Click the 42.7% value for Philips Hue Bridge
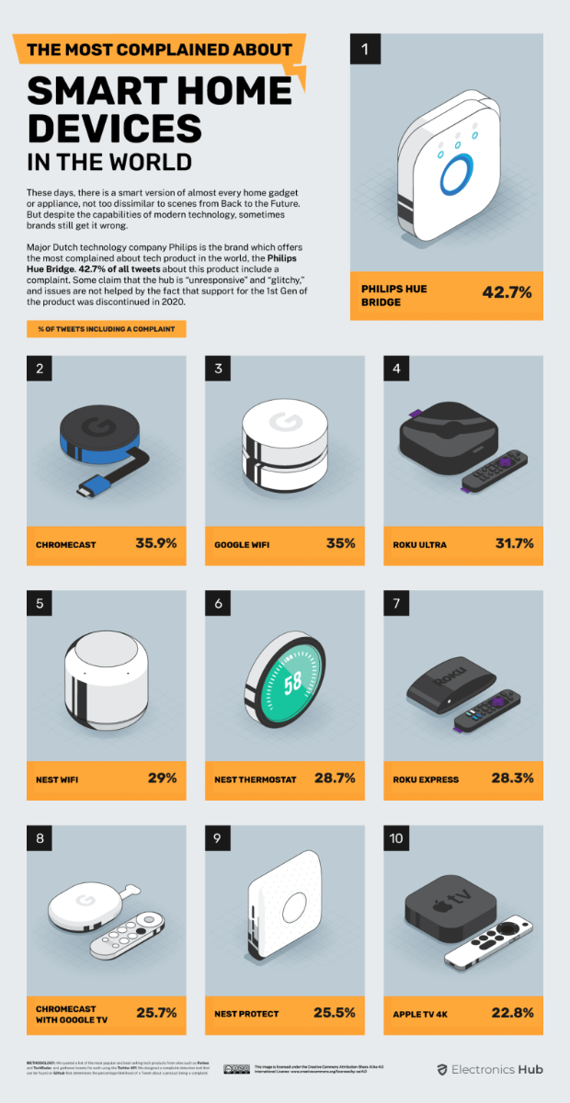[507, 293]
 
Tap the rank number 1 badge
[365, 50]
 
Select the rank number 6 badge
[218, 604]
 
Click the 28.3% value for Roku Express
[511, 778]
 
